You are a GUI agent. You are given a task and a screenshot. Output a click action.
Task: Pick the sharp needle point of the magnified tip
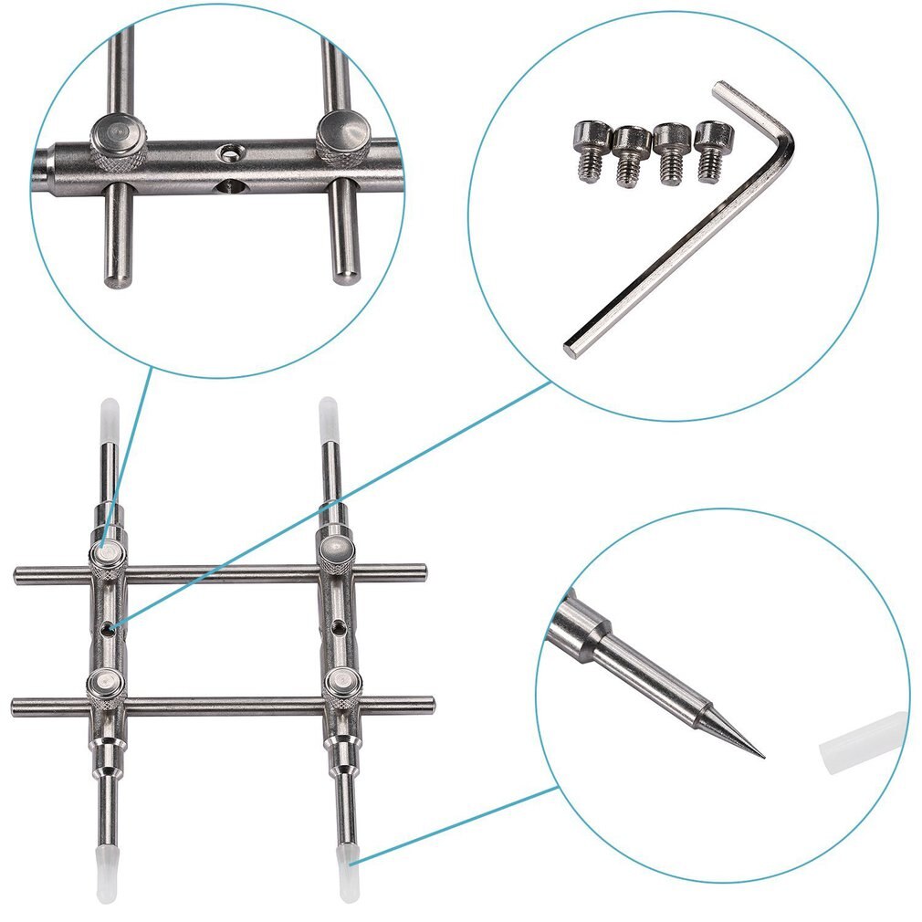(x=760, y=756)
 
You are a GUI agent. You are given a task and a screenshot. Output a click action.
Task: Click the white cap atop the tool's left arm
(x=107, y=415)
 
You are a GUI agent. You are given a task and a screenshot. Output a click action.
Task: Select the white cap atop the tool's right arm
(x=328, y=415)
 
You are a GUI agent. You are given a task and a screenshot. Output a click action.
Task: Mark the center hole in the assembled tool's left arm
(x=110, y=627)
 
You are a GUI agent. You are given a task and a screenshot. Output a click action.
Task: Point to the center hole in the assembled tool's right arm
(x=339, y=627)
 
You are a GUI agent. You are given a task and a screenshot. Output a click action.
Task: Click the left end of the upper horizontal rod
(x=19, y=575)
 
